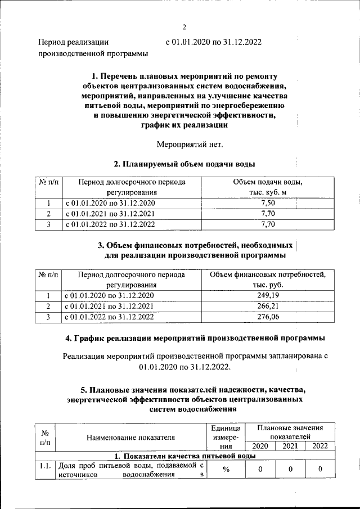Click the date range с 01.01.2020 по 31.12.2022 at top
pyautogui.click(x=213, y=42)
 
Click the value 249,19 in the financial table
pyautogui.click(x=268, y=295)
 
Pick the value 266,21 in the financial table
pyautogui.click(x=268, y=306)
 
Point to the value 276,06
pyautogui.click(x=268, y=317)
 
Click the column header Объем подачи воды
pyautogui.click(x=268, y=182)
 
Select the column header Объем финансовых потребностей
pyautogui.click(x=268, y=274)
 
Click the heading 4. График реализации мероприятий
pyautogui.click(x=195, y=339)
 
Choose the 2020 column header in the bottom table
pyautogui.click(x=259, y=446)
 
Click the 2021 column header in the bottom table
pyautogui.click(x=290, y=446)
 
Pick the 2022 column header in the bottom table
pyautogui.click(x=319, y=446)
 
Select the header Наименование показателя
pyautogui.click(x=130, y=436)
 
